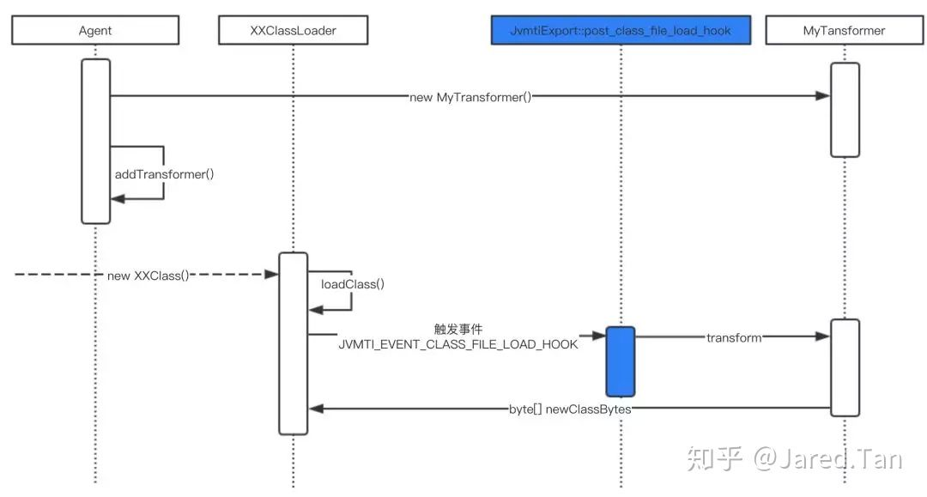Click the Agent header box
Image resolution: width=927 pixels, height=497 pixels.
tap(94, 31)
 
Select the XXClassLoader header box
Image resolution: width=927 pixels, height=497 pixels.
tap(293, 31)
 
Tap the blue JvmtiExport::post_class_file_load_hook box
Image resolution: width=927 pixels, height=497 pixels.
tap(620, 31)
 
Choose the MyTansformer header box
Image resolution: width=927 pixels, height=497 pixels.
tap(844, 31)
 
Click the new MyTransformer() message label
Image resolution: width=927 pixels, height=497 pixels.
tap(470, 97)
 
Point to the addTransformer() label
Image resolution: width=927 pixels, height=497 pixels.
tap(164, 174)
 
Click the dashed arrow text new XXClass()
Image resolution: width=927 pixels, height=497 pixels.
tap(148, 276)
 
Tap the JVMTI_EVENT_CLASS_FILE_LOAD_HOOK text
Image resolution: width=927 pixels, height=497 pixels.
tap(457, 344)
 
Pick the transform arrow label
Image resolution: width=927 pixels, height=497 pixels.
tap(734, 337)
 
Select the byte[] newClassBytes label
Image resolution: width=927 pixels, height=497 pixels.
tap(570, 409)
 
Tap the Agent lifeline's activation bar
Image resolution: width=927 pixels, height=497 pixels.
tap(95, 141)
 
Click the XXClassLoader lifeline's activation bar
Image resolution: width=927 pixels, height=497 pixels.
tap(293, 343)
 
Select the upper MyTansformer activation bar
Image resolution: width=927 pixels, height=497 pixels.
tap(845, 109)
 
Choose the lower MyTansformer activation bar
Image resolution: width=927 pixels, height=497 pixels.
tap(845, 367)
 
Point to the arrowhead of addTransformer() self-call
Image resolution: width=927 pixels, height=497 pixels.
tap(117, 199)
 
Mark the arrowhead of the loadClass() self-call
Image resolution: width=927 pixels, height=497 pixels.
tap(314, 310)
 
